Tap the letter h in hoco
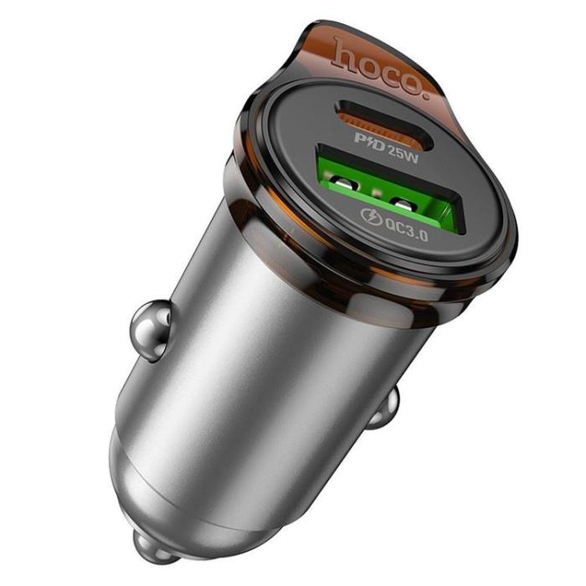point(344,52)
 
